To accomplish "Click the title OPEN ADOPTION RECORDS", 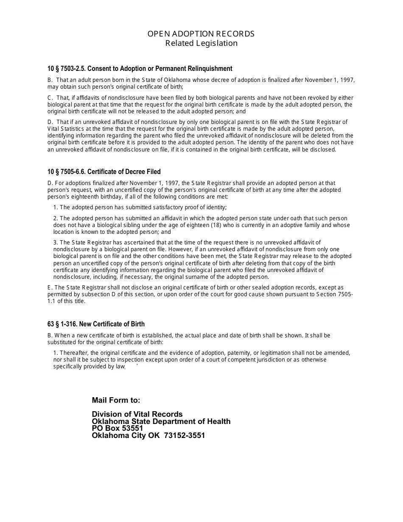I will tap(201, 34).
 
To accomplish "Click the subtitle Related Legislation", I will tap(201, 43).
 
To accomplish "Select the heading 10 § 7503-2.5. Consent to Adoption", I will tap(140, 69).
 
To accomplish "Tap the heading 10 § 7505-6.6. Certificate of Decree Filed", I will tap(104, 172).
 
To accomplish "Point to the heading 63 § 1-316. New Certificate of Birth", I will tap(96, 324).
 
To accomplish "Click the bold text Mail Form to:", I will tap(116, 400).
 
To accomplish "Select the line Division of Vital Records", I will tap(137, 414).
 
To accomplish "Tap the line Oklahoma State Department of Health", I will tap(161, 421).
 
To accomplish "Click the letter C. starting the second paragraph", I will tap(50, 98).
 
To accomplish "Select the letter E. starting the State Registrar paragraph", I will tap(50, 288).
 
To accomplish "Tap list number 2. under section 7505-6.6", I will tap(56, 219).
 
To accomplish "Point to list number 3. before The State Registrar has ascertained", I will tap(56, 243).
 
